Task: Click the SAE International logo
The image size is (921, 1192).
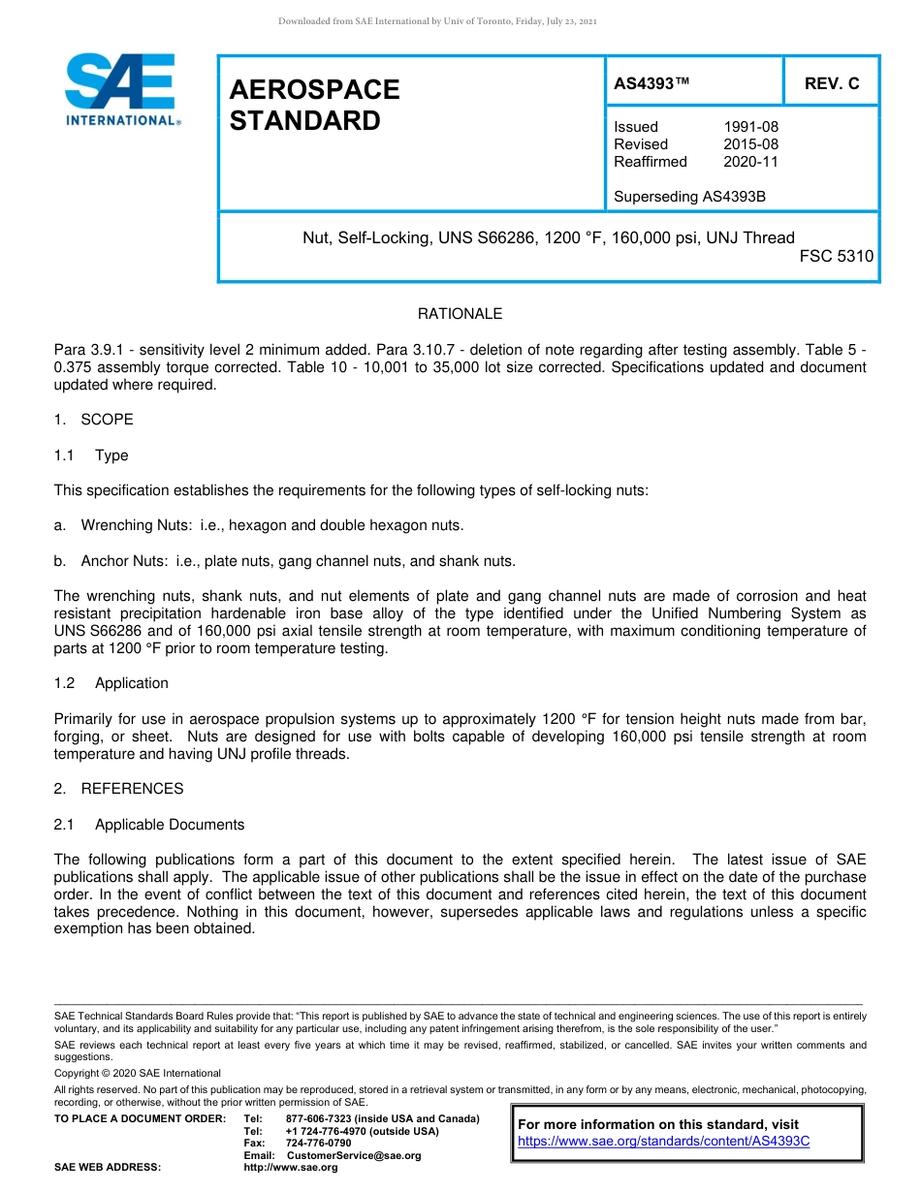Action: click(x=121, y=90)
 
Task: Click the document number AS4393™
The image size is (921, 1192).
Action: click(x=651, y=83)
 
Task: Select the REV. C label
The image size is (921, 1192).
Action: click(x=831, y=83)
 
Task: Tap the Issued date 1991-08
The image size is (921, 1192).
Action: click(x=750, y=127)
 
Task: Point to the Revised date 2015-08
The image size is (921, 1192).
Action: click(x=750, y=144)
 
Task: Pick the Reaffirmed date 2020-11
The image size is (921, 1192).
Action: click(x=750, y=162)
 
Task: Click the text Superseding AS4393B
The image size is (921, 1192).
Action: click(x=689, y=197)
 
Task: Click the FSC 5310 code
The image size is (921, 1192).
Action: click(x=836, y=257)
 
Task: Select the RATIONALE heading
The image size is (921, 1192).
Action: click(x=460, y=314)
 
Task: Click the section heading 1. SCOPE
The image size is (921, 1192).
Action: click(x=94, y=420)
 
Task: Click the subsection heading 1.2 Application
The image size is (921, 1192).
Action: click(x=111, y=683)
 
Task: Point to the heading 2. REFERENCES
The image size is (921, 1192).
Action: click(x=118, y=789)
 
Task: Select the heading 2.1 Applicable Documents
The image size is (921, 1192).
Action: click(x=149, y=825)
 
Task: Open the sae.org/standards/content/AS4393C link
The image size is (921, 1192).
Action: click(x=663, y=1142)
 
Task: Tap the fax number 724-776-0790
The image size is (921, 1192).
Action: click(x=318, y=1144)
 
